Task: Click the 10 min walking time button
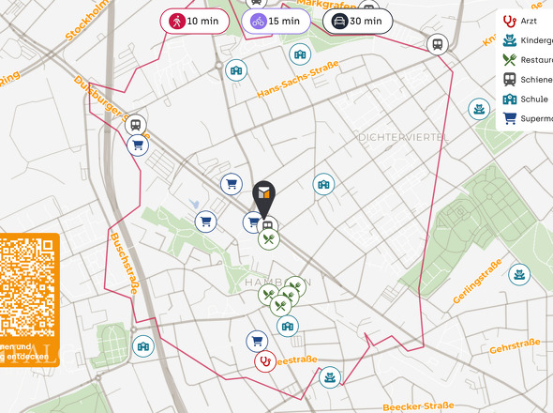(194, 21)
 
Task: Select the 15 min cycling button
(276, 21)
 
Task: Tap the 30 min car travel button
(356, 21)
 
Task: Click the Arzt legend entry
(525, 20)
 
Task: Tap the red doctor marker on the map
(265, 360)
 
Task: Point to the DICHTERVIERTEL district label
(402, 137)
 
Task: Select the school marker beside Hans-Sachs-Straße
(237, 69)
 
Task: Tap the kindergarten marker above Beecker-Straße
(329, 377)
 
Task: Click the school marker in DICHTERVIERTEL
(323, 184)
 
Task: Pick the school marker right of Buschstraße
(142, 345)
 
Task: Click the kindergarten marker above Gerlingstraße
(517, 275)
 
